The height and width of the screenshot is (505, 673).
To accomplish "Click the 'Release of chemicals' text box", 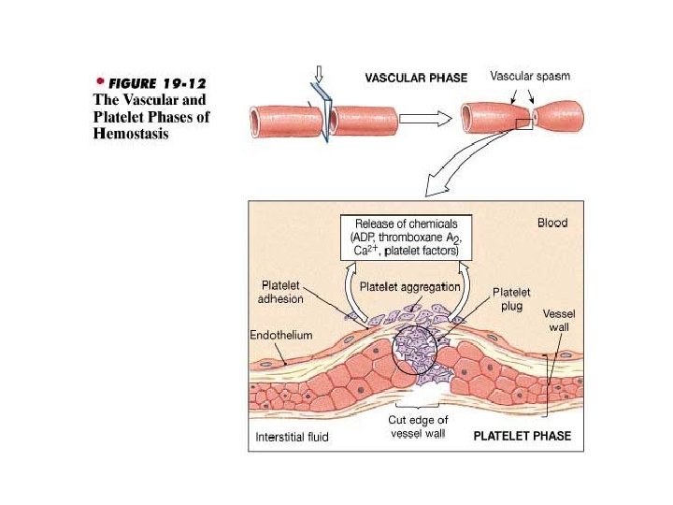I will [x=407, y=238].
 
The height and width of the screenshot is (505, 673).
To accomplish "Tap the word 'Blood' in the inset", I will [x=551, y=224].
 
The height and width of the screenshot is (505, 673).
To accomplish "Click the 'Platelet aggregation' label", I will [x=410, y=287].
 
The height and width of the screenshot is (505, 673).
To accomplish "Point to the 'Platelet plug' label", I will [x=511, y=298].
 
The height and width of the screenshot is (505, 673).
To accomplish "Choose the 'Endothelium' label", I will [x=281, y=334].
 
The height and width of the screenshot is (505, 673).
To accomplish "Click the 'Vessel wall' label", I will [x=558, y=321].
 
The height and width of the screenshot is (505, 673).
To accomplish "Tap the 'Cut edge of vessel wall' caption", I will [x=418, y=426].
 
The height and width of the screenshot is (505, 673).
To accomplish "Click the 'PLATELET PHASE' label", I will [x=522, y=436].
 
